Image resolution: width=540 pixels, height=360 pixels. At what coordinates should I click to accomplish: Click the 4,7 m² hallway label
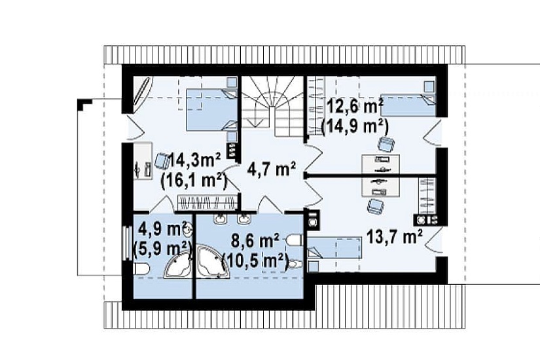(272, 170)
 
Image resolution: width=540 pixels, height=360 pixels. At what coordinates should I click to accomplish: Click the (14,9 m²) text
(355, 126)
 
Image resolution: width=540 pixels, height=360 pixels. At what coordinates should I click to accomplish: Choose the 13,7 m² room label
(394, 237)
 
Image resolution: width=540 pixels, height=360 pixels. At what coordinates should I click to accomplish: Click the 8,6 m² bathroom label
(255, 241)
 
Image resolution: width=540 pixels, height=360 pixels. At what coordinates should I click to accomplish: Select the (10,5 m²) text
(255, 261)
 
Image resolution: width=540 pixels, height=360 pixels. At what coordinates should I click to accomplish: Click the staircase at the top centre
(272, 105)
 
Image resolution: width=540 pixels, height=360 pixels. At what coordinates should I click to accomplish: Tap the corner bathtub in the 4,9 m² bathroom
(177, 265)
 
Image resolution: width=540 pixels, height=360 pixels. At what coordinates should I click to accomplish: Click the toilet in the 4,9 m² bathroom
(141, 269)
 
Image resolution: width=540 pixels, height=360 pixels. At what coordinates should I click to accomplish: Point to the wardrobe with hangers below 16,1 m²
(207, 202)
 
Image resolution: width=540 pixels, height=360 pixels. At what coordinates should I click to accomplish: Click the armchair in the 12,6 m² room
(386, 143)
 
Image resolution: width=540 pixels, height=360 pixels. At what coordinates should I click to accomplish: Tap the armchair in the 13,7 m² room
(375, 206)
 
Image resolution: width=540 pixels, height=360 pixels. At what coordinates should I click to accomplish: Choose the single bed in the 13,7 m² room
(334, 247)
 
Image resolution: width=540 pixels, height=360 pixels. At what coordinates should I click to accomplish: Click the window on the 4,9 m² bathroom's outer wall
(126, 243)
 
